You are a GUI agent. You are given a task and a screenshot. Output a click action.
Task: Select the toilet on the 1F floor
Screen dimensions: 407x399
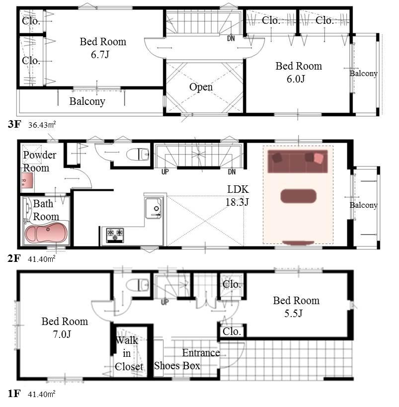pos(138,285)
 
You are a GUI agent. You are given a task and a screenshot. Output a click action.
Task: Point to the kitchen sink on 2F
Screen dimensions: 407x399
pos(154,207)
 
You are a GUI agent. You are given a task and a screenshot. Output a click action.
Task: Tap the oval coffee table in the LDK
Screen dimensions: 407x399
pos(298,196)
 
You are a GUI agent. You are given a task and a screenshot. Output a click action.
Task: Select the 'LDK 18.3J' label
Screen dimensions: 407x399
pos(238,196)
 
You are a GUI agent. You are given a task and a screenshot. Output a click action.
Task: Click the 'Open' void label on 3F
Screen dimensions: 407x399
pos(201,87)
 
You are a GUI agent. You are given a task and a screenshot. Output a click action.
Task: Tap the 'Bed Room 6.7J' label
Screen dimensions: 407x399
pos(103,48)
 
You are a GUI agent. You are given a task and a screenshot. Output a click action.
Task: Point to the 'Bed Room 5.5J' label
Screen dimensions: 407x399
pos(296,307)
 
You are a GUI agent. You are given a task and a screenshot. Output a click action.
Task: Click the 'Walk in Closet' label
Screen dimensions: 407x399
pos(128,353)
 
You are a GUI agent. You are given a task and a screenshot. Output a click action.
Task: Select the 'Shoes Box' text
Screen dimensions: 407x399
pos(177,366)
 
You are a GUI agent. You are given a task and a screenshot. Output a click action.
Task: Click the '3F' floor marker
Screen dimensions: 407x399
pos(14,125)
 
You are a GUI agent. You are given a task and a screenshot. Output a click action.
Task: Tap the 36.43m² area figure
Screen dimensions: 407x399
pos(42,125)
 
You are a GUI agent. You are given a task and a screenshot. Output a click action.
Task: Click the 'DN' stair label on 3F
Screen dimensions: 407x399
pos(231,38)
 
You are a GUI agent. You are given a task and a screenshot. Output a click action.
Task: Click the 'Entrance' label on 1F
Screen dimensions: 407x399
pos(201,353)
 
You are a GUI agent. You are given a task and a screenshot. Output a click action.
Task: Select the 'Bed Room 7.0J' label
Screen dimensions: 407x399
pos(65,327)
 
